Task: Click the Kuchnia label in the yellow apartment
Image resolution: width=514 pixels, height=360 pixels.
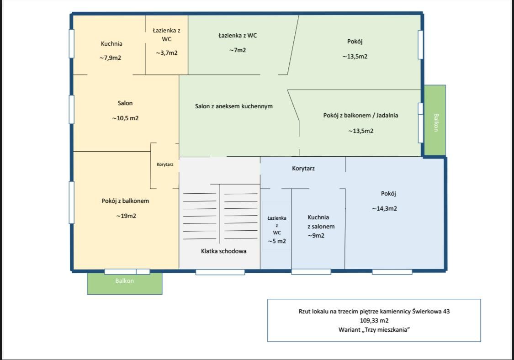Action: pyautogui.click(x=111, y=43)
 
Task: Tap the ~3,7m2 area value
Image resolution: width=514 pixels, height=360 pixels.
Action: pyautogui.click(x=166, y=53)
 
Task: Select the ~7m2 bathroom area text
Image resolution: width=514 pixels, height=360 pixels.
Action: pyautogui.click(x=237, y=50)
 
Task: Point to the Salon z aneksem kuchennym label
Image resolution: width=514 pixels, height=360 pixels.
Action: pyautogui.click(x=234, y=106)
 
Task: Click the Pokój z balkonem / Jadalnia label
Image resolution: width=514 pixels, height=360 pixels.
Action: pyautogui.click(x=360, y=116)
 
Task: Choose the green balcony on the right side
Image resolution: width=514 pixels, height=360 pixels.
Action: pyautogui.click(x=435, y=120)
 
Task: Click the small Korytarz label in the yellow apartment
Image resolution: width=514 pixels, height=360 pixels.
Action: pyautogui.click(x=165, y=164)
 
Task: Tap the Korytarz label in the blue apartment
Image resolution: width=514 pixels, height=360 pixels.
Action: pyautogui.click(x=303, y=169)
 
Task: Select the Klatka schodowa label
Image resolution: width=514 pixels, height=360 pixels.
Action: pyautogui.click(x=223, y=251)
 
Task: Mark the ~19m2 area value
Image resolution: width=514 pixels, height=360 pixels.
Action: pyautogui.click(x=126, y=216)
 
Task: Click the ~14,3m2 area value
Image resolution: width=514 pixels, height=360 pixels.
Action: pyautogui.click(x=384, y=208)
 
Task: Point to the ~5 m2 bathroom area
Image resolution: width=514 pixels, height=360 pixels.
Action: pyautogui.click(x=277, y=241)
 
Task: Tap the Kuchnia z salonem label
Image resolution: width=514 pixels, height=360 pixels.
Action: pyautogui.click(x=321, y=222)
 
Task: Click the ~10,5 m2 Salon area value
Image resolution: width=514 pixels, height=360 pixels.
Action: pyautogui.click(x=125, y=118)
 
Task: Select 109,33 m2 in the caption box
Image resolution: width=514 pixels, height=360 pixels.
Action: pyautogui.click(x=374, y=321)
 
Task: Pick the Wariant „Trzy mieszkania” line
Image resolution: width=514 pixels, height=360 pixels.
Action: pyautogui.click(x=374, y=330)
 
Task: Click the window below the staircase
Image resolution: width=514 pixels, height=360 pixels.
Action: pyautogui.click(x=220, y=272)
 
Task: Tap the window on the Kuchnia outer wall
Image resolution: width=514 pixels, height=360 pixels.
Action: pyautogui.click(x=71, y=43)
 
